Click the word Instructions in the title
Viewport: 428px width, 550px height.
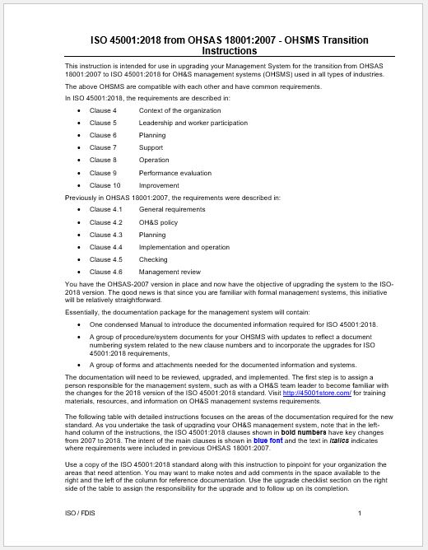(x=230, y=51)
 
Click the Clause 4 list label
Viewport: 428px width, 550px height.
(x=103, y=110)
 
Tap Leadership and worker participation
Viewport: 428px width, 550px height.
(x=193, y=123)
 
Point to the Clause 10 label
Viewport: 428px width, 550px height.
(x=105, y=185)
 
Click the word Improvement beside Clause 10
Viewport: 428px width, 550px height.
(x=158, y=185)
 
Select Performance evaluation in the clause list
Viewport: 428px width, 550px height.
(x=176, y=173)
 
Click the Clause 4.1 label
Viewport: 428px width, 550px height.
(x=105, y=210)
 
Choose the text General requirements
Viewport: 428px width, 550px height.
(x=172, y=210)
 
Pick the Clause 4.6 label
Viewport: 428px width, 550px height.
(x=105, y=272)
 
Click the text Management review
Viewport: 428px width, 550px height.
(x=170, y=272)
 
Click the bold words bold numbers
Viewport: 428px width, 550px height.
(x=305, y=431)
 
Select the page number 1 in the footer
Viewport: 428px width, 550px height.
(x=360, y=514)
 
